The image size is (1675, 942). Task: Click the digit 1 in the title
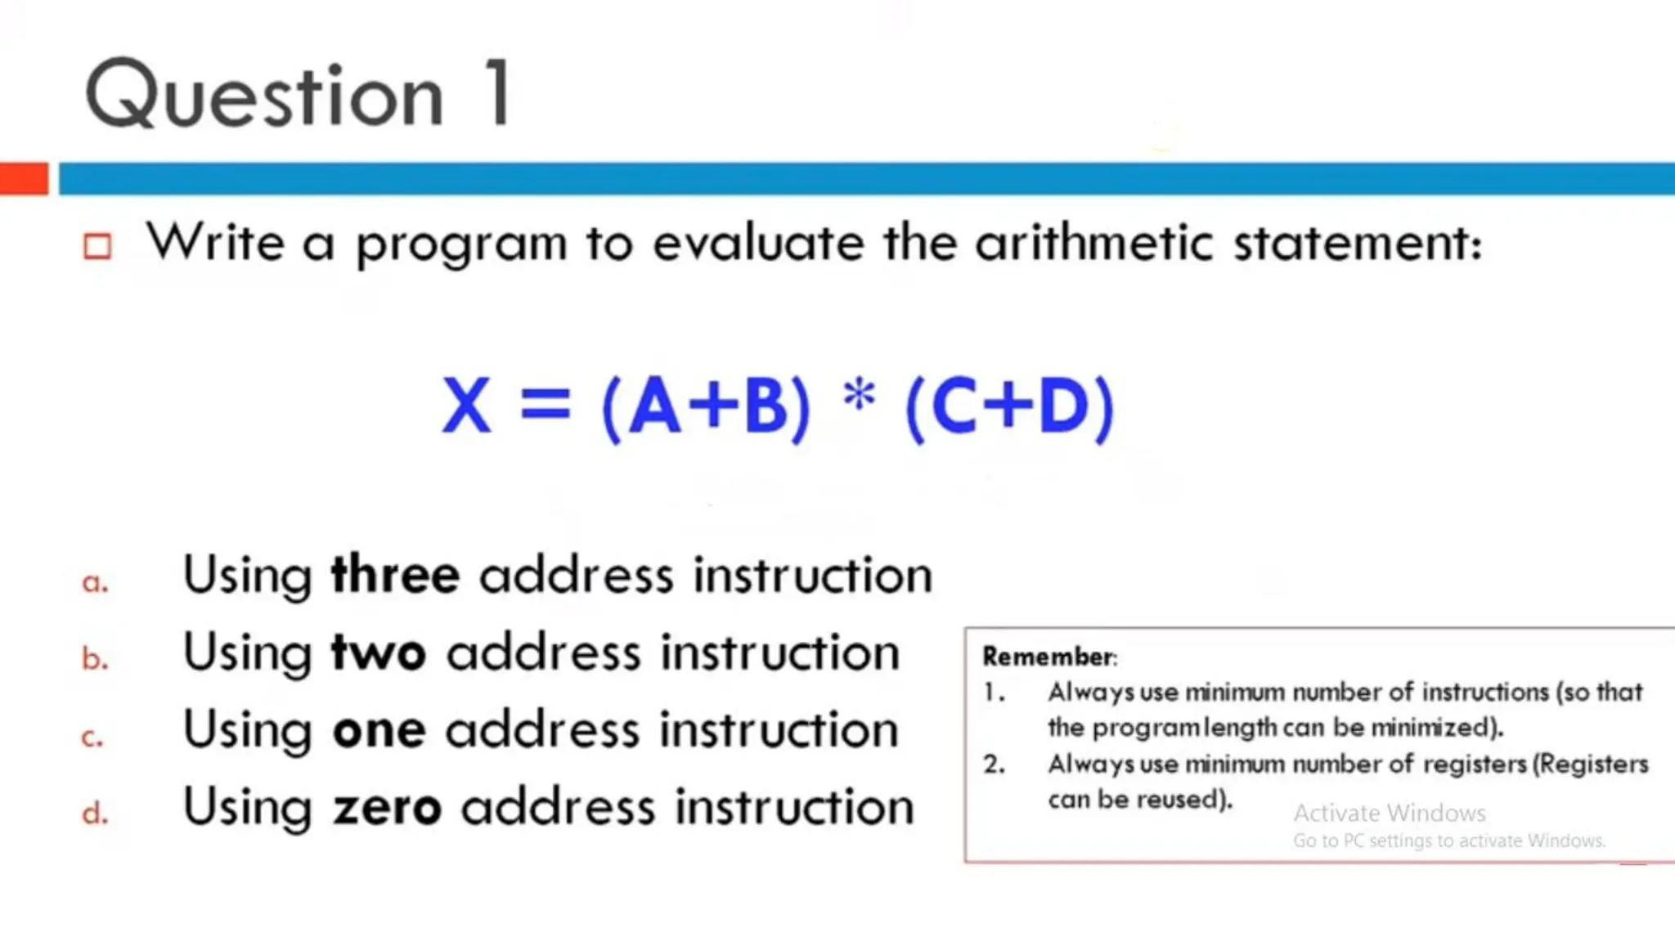click(x=498, y=93)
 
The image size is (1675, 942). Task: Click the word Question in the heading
click(x=265, y=96)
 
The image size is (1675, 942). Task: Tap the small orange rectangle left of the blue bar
click(x=24, y=179)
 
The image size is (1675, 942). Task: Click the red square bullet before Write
click(x=97, y=246)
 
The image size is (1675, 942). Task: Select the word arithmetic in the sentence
click(x=1093, y=243)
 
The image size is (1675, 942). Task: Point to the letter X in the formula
click(x=466, y=406)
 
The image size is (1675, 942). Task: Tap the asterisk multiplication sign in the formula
click(x=859, y=397)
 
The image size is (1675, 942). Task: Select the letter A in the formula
click(x=654, y=406)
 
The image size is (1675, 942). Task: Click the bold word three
click(x=395, y=575)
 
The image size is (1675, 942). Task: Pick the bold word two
click(x=379, y=653)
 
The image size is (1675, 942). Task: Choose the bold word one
click(x=379, y=730)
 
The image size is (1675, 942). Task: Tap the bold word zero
click(x=387, y=808)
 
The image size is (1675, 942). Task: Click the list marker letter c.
click(x=92, y=737)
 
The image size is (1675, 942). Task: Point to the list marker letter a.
click(x=95, y=582)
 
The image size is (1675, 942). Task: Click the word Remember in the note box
click(x=1048, y=657)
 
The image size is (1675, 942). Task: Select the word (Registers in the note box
click(x=1590, y=764)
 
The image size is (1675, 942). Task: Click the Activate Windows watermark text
click(x=1389, y=813)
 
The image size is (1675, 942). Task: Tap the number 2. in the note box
click(x=994, y=764)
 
